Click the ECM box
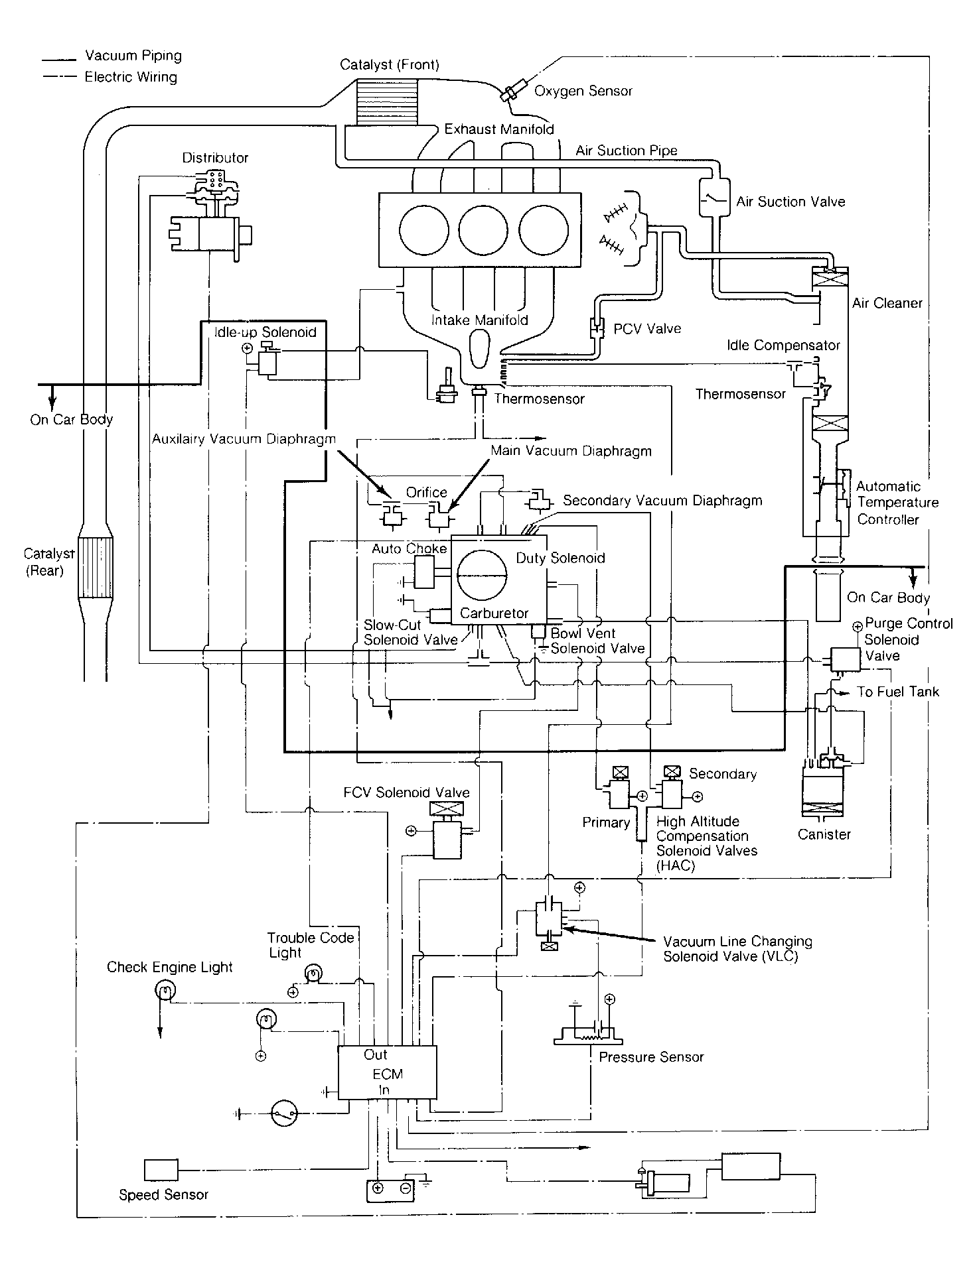click(388, 1073)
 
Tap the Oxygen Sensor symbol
click(510, 94)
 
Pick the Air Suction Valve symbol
click(714, 197)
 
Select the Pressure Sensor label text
click(651, 1057)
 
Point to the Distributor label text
click(215, 158)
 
